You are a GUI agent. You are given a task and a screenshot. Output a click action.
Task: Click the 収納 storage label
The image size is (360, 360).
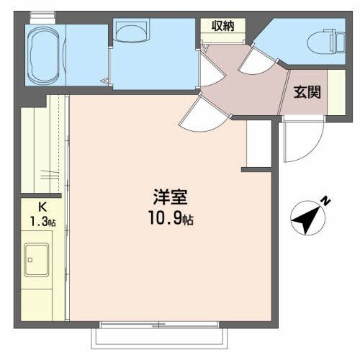[222, 27]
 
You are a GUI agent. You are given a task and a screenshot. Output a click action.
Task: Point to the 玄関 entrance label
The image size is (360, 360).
[307, 92]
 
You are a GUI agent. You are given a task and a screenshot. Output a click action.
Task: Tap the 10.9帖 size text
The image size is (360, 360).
[171, 217]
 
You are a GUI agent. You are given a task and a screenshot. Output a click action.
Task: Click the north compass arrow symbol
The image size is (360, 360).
[308, 218]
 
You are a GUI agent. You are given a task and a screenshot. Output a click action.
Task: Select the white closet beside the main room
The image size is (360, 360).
[258, 144]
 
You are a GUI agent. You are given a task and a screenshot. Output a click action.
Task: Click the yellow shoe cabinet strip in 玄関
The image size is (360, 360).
[336, 91]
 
